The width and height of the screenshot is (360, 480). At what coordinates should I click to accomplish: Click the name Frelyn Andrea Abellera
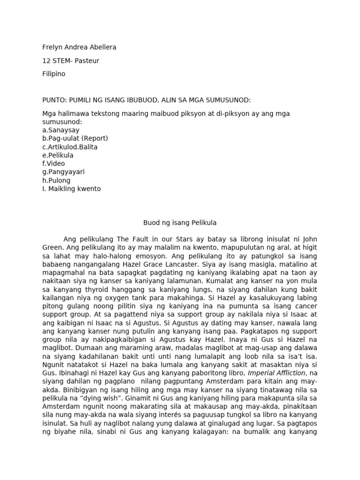tap(79, 47)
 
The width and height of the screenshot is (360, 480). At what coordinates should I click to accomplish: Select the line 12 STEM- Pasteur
tap(70, 60)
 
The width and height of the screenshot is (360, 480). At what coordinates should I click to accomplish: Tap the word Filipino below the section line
tap(54, 74)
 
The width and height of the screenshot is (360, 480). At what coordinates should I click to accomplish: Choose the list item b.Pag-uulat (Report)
tap(75, 138)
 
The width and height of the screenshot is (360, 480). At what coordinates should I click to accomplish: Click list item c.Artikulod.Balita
tap(70, 147)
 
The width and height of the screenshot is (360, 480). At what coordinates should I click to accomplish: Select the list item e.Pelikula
tap(58, 155)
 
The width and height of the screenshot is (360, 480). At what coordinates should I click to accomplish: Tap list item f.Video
tap(53, 164)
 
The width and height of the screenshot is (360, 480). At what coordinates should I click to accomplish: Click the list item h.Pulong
tap(56, 180)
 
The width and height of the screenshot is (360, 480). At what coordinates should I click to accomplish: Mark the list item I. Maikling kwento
tap(71, 189)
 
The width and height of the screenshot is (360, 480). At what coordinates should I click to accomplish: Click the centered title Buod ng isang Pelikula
tap(180, 222)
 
